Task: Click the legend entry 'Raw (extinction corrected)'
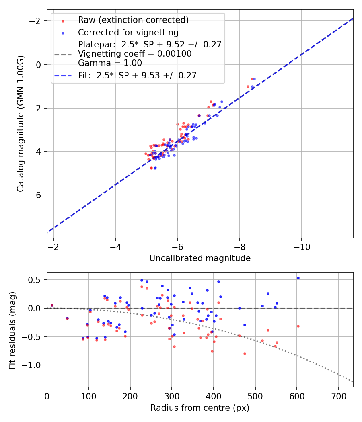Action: pos(133,20)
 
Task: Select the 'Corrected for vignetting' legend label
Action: pos(128,32)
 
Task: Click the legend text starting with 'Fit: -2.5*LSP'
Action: pos(137,75)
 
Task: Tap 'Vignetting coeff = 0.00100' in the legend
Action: pos(135,54)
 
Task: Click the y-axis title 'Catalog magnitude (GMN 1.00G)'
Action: pos(21,123)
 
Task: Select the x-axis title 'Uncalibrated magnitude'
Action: pos(200,258)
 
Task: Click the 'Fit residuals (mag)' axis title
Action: pos(12,330)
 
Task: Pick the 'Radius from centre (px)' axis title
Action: pos(200,408)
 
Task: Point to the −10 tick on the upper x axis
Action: pos(302,247)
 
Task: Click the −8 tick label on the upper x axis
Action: pos(239,247)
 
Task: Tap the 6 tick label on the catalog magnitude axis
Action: pos(39,195)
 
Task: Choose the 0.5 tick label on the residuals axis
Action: pos(37,280)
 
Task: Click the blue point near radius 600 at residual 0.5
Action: pos(298,278)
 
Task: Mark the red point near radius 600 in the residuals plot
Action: pos(298,326)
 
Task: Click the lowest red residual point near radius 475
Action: pos(245,354)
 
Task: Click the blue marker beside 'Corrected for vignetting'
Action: pos(63,33)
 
